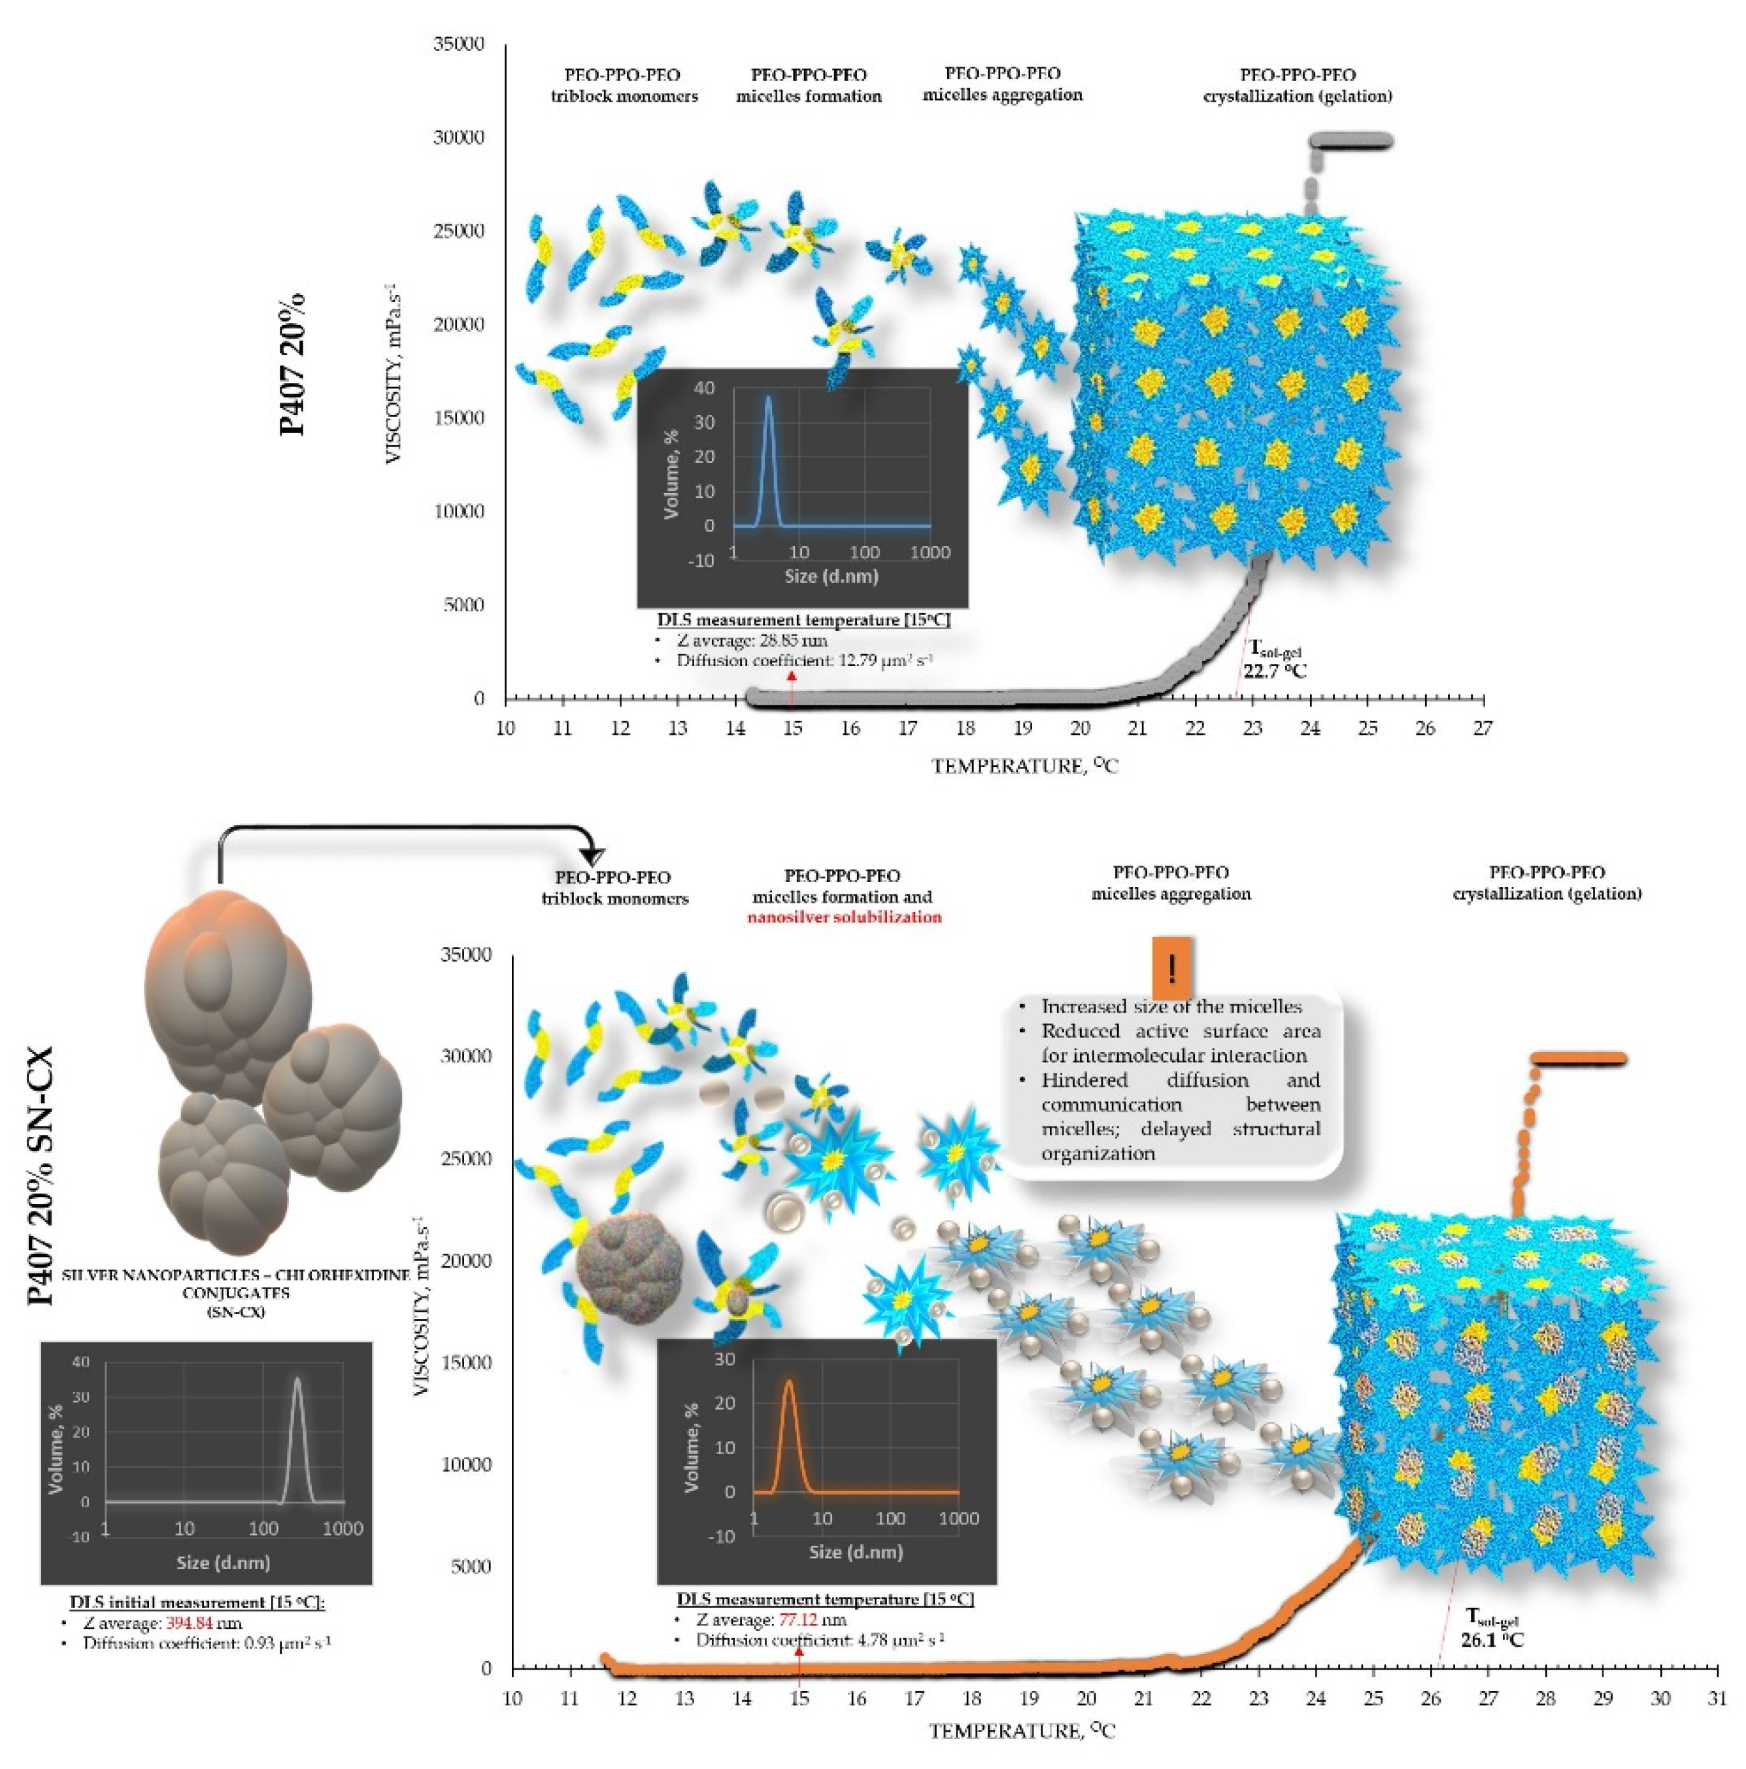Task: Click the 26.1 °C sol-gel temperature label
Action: click(1492, 1639)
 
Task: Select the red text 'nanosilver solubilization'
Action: click(844, 917)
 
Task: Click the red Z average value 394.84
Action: click(190, 1623)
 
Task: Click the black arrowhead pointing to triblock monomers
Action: click(594, 856)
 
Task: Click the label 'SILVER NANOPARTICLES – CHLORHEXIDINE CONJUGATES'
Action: click(235, 1284)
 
